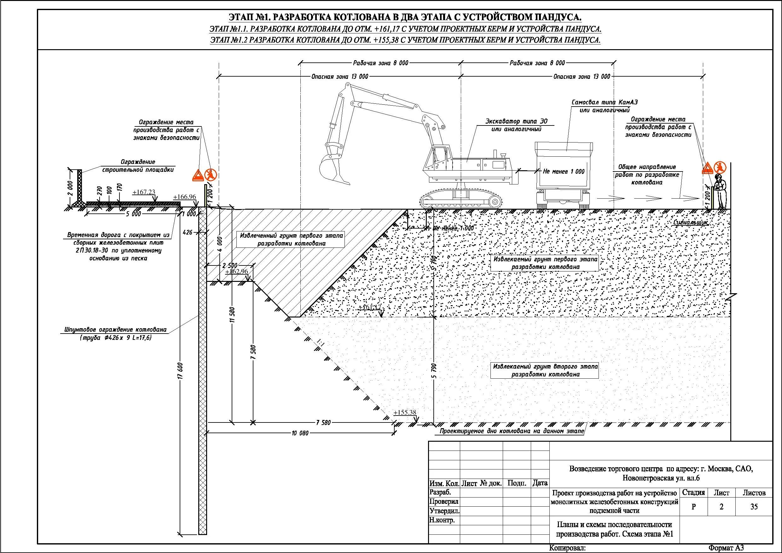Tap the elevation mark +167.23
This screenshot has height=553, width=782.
(x=144, y=192)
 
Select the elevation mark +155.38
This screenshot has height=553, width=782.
(x=405, y=413)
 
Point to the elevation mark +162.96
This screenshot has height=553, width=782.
(x=236, y=271)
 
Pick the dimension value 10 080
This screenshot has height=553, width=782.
(x=300, y=433)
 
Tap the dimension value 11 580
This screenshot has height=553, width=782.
(x=233, y=315)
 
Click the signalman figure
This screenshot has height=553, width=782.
(x=720, y=191)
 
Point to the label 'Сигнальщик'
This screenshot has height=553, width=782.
(x=690, y=223)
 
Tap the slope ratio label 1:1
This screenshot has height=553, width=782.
(x=320, y=343)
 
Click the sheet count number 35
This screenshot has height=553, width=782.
(x=754, y=507)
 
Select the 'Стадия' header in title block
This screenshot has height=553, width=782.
(x=693, y=493)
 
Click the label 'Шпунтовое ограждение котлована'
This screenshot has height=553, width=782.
(x=115, y=329)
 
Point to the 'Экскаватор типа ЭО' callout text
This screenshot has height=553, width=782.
(x=516, y=122)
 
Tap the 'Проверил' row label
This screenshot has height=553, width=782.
(x=444, y=502)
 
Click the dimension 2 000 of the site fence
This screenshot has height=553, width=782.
(x=70, y=188)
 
